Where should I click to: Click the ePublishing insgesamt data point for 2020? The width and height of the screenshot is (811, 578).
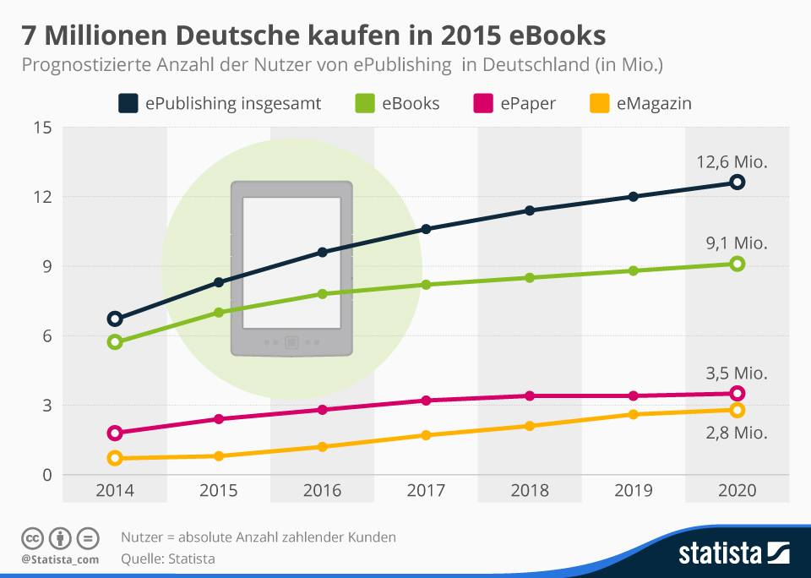tap(737, 182)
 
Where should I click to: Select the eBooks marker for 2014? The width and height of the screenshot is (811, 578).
tap(115, 342)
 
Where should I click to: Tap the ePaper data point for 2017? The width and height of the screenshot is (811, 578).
tap(426, 401)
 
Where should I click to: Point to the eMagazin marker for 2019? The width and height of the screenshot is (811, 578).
tap(633, 414)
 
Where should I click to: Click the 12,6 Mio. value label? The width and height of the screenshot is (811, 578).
tap(732, 162)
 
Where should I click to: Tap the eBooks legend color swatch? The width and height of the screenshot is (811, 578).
tap(364, 104)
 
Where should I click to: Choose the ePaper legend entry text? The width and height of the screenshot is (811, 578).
tap(527, 104)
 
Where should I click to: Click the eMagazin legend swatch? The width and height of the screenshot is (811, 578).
tap(598, 104)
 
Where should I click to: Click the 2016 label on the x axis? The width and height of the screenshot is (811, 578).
tap(322, 490)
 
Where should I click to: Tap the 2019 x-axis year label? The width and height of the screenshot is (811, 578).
tap(633, 490)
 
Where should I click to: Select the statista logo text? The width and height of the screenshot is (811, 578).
tap(719, 553)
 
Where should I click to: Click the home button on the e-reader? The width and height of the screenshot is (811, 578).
tap(291, 342)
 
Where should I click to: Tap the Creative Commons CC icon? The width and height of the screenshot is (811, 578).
tap(33, 537)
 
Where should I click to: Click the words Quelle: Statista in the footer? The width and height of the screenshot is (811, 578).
tap(168, 559)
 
